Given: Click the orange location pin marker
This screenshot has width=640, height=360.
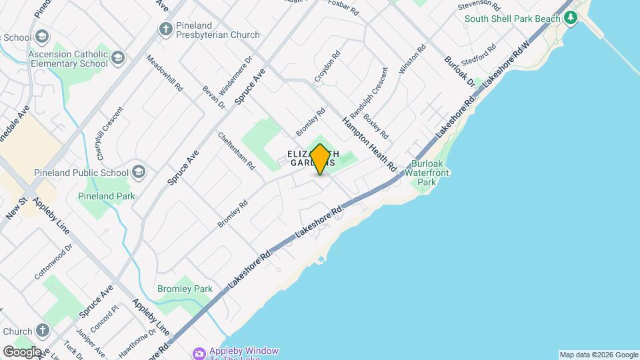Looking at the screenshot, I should coord(321,159).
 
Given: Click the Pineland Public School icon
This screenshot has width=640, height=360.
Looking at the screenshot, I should coord(139,173).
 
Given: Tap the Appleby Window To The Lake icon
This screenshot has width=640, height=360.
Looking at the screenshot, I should coord(199,353).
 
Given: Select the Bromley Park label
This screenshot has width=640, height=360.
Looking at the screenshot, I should coord(185,289).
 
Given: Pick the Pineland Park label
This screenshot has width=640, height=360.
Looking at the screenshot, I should coord(107,196).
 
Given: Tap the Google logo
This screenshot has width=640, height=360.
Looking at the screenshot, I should coord(21,351).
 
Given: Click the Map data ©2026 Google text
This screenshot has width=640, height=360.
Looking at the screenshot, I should coord(599,355).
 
